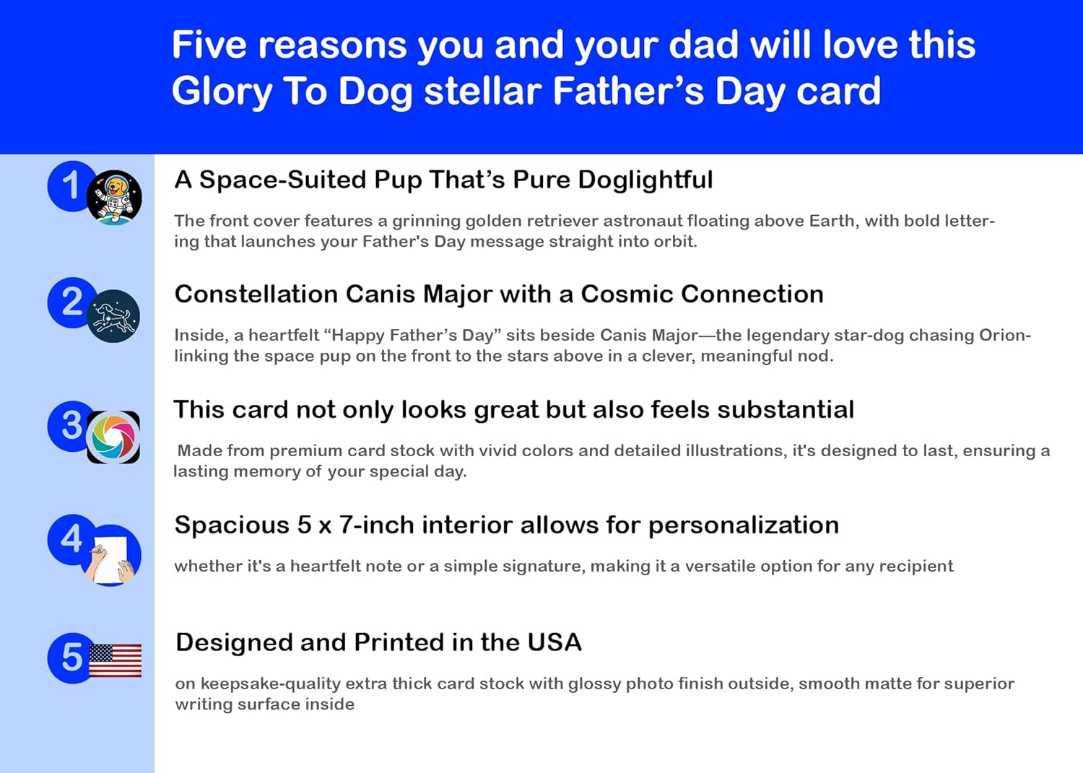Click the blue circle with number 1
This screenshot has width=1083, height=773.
[69, 185]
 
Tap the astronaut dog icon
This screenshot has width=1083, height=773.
[114, 197]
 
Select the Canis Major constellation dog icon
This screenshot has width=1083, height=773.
[113, 316]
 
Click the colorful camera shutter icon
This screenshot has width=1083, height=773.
[113, 437]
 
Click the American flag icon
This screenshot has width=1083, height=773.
[115, 660]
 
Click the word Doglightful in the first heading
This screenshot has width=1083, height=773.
[645, 180]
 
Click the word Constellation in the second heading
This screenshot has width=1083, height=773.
[256, 294]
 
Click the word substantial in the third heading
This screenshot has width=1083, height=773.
[786, 409]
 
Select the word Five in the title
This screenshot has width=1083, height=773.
[209, 45]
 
